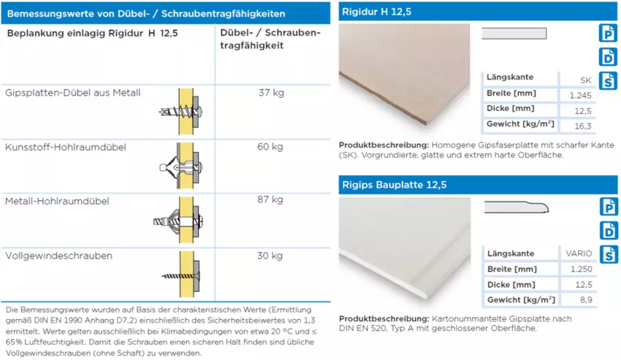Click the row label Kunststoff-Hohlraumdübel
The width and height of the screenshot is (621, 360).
(66, 147)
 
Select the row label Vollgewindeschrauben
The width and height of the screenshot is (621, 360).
(58, 256)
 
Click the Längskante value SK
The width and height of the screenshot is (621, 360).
(585, 79)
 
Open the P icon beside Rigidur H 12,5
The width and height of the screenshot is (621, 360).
(608, 33)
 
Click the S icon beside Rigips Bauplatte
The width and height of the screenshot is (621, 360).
(608, 254)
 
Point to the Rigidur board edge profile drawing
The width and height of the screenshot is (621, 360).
(514, 34)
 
